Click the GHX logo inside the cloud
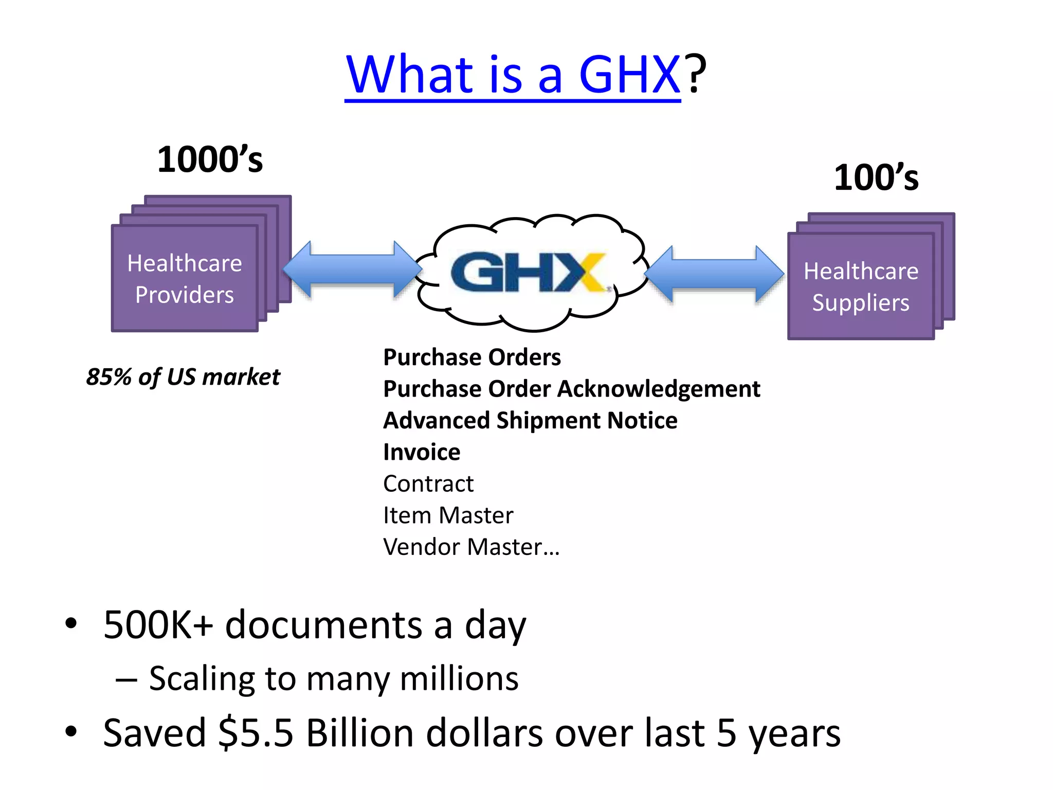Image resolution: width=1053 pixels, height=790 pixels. point(528,273)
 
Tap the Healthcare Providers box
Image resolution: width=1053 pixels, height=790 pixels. point(185,279)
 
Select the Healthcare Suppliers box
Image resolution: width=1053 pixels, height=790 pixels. point(861,286)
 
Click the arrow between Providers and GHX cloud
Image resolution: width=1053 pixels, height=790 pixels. point(353,270)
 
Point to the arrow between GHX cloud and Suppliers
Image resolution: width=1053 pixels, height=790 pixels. point(714,274)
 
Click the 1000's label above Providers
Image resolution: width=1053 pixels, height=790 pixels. point(210,159)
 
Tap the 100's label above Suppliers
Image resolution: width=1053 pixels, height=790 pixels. point(876,178)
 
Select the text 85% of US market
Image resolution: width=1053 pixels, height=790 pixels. point(183,377)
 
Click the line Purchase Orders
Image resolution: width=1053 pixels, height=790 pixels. point(472,357)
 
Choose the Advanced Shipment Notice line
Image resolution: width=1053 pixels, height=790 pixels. point(530,421)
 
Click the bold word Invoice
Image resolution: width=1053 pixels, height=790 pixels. point(422,452)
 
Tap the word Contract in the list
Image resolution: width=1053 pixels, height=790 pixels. point(428,484)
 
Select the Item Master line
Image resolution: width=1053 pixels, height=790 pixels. point(448,515)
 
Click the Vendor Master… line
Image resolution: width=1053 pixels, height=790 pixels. point(471,547)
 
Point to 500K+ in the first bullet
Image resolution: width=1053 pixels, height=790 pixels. point(158,625)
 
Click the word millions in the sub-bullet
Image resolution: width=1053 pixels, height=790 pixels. point(459,678)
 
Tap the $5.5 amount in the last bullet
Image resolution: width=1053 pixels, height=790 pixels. point(256,733)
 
